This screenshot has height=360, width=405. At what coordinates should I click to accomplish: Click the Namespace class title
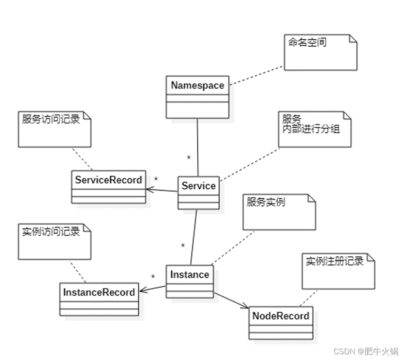coord(198,86)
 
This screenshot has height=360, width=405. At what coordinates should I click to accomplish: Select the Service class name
coord(199,186)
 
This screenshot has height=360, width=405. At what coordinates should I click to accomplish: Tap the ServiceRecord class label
coord(108,180)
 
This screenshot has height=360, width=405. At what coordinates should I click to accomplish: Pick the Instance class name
coord(190,274)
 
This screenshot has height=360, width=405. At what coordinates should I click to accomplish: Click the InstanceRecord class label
coord(99,292)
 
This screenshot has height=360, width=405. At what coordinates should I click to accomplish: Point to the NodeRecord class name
coord(281,316)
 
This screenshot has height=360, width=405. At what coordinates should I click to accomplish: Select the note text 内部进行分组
coord(308,129)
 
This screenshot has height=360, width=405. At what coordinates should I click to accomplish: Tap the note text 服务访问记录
coord(51,119)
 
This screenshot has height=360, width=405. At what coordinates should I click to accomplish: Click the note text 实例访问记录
coord(51,232)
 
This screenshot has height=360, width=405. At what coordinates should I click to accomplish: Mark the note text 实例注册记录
coord(334,261)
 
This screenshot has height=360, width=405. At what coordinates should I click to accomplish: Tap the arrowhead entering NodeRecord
coord(246,307)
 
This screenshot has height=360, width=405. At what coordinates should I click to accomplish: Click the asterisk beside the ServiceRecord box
coord(156,179)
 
